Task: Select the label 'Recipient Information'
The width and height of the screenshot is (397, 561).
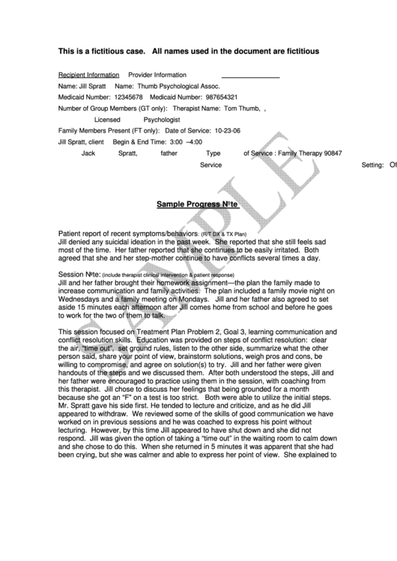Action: point(88,75)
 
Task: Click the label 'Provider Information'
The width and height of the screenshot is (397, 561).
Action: point(157,75)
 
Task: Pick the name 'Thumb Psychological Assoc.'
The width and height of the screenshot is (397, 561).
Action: point(174,86)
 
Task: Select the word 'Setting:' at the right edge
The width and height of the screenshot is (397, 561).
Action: point(373,164)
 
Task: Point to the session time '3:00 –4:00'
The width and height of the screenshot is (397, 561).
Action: point(186,142)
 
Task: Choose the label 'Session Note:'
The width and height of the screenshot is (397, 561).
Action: point(79,275)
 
